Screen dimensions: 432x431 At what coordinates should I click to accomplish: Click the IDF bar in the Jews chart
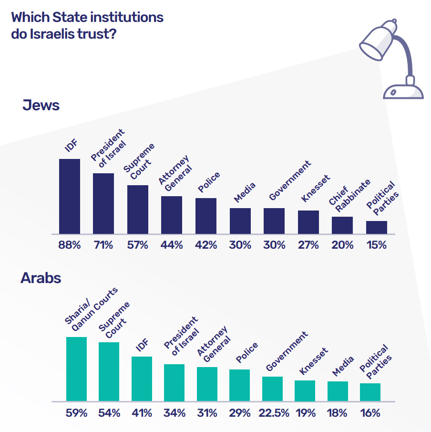(x=70, y=196)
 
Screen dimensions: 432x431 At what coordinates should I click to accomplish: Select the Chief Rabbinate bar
(x=342, y=225)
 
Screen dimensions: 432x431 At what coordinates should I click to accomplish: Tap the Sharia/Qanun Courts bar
(x=76, y=369)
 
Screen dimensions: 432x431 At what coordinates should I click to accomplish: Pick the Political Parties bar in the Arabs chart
(x=370, y=391)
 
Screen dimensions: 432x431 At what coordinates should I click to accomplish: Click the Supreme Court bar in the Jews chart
(x=138, y=210)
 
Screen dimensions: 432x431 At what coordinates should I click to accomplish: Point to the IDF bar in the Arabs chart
(x=142, y=378)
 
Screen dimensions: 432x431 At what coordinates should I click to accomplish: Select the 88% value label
(x=70, y=245)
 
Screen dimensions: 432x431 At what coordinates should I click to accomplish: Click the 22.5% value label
(x=273, y=413)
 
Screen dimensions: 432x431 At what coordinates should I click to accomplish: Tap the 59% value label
(x=76, y=413)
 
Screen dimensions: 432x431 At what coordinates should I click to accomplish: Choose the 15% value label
(x=377, y=245)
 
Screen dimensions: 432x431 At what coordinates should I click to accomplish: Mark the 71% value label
(x=103, y=245)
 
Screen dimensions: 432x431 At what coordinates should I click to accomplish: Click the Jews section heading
(x=41, y=105)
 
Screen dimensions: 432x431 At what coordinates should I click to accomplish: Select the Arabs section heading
(x=41, y=278)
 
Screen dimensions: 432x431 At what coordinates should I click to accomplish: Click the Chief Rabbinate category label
(x=349, y=193)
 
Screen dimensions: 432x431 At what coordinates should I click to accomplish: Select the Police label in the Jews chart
(x=209, y=182)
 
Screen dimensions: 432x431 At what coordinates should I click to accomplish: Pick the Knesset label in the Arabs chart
(x=314, y=361)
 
